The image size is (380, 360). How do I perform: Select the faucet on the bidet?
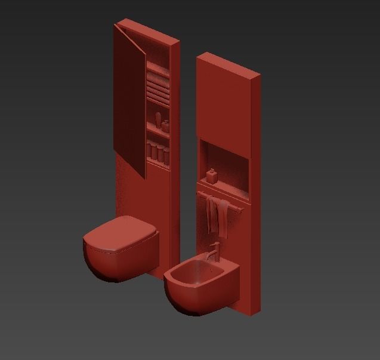[215, 251]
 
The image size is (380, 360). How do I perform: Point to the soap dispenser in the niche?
[211, 177]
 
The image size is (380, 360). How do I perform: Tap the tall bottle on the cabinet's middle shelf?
[159, 119]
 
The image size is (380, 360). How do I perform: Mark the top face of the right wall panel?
[228, 64]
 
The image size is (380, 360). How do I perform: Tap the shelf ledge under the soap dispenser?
[224, 187]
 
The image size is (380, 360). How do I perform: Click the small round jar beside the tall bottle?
[165, 125]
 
